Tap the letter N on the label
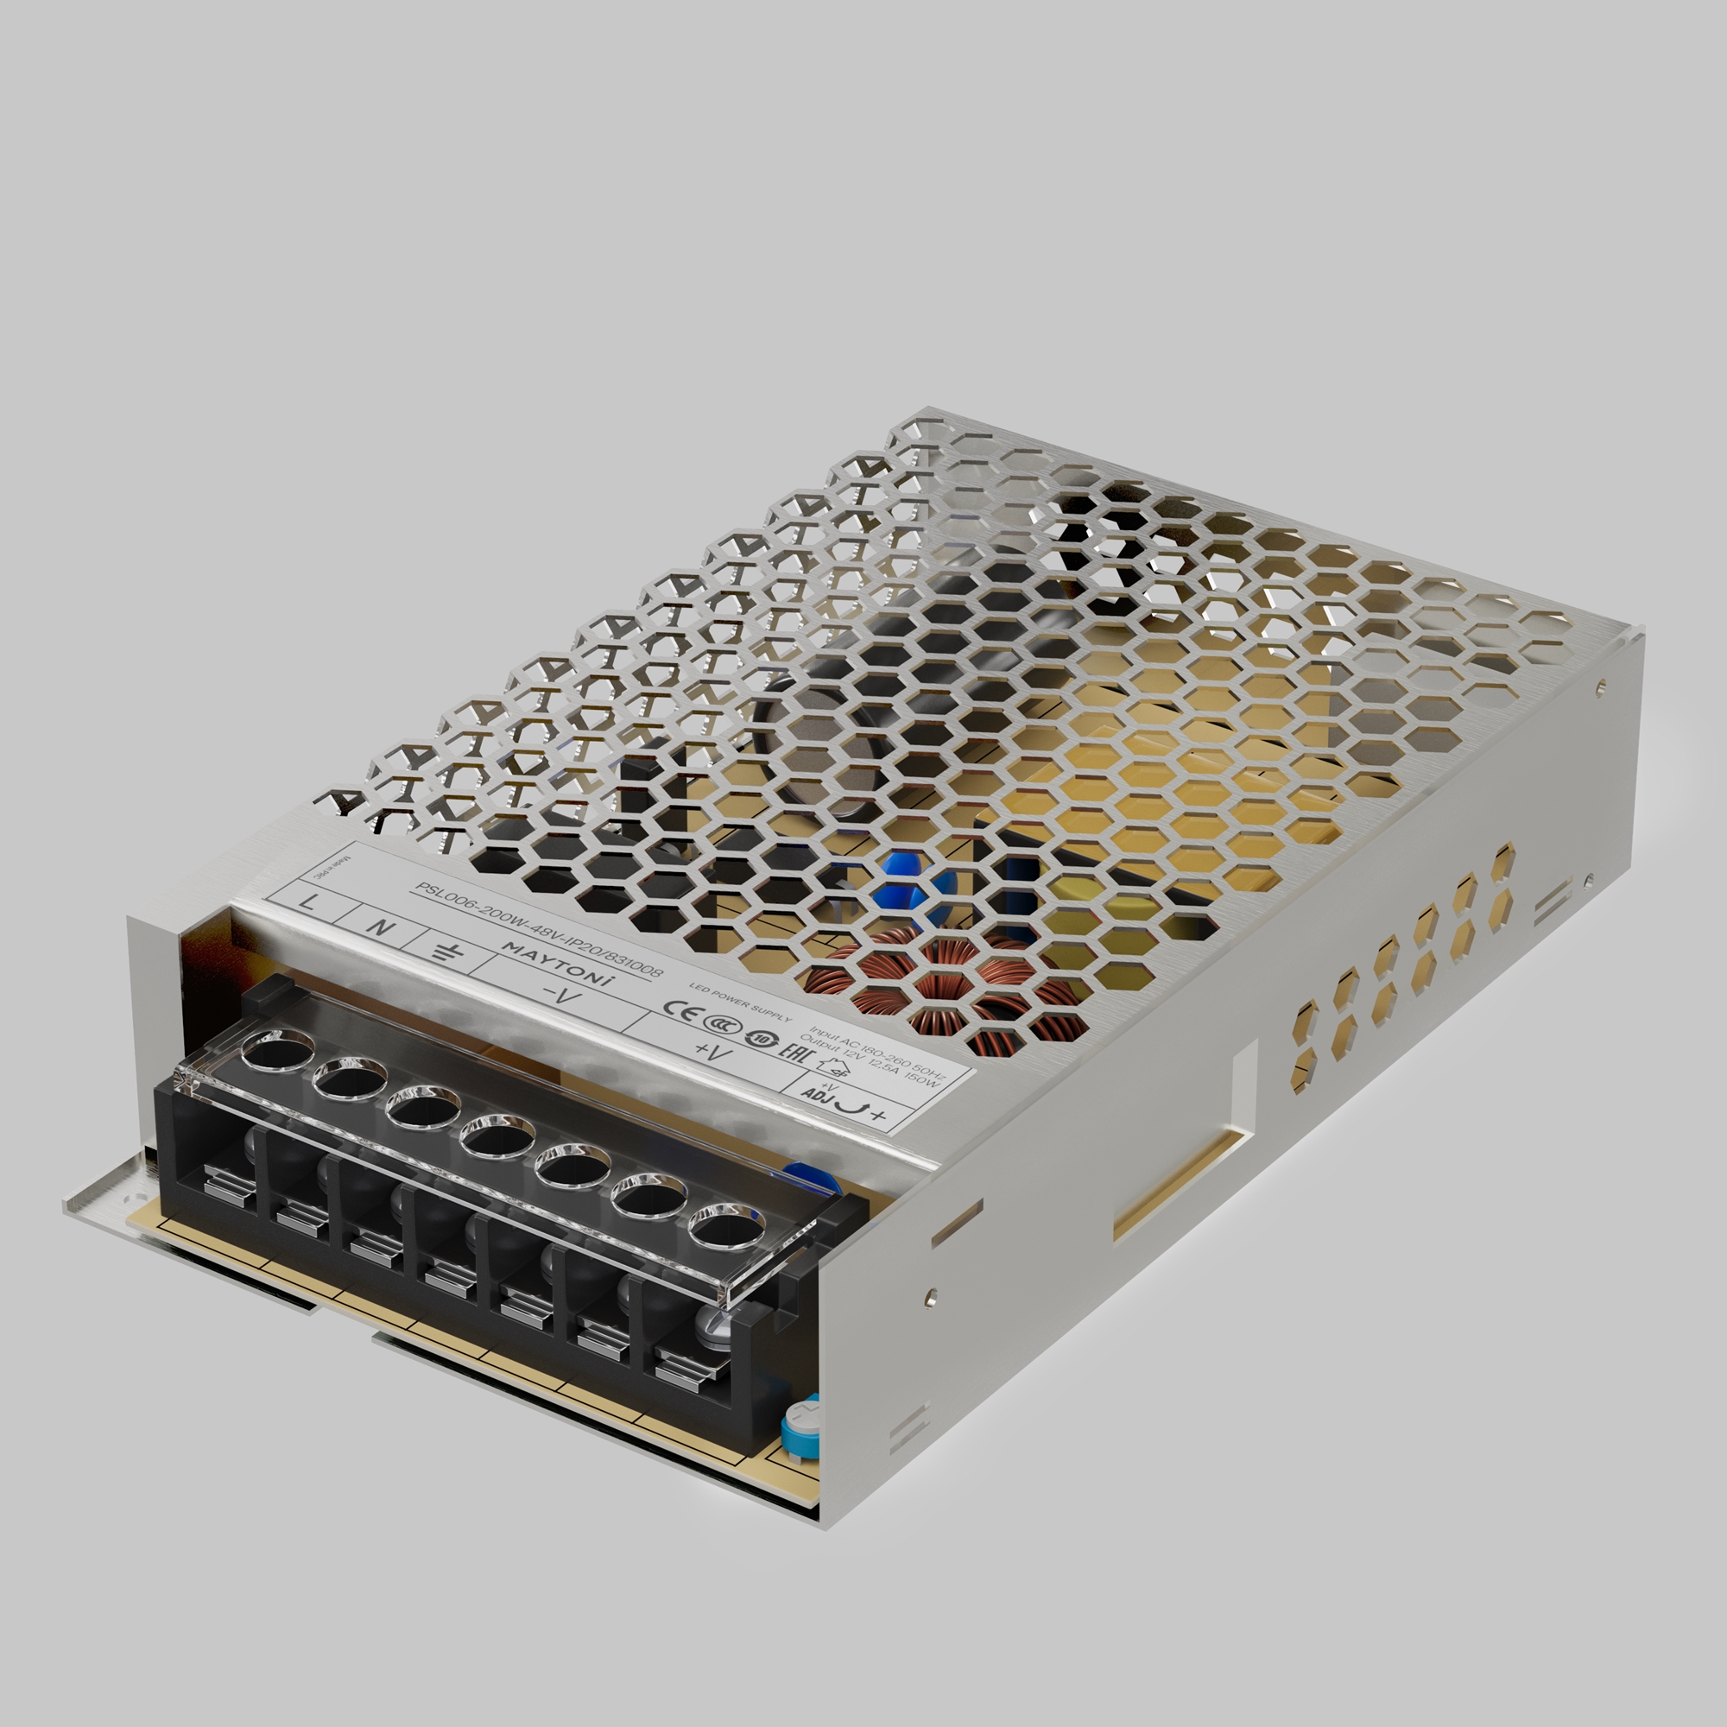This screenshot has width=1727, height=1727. (x=381, y=926)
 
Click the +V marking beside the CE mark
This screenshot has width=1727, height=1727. (x=712, y=1052)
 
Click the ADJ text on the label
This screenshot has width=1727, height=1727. (x=815, y=1096)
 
